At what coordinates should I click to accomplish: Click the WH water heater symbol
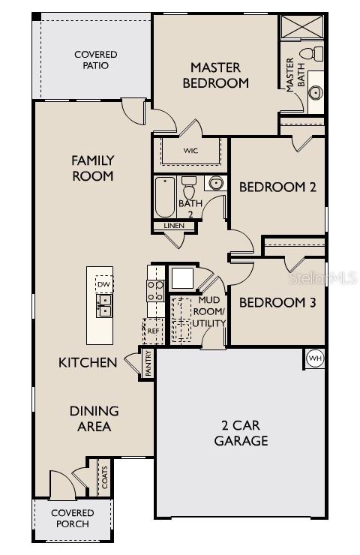pos(314,357)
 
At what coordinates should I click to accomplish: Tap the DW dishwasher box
pos(104,284)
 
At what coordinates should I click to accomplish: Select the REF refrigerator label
pos(153,330)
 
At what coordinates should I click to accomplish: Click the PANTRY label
pos(148,362)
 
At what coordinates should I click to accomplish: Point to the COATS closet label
pos(104,478)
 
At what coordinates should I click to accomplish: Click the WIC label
pos(190,150)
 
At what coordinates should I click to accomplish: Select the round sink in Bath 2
pos(215,182)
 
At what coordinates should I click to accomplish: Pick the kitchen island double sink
pos(104,304)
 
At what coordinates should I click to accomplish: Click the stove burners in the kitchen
pos(155,290)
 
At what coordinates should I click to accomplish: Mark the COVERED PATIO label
pos(96,60)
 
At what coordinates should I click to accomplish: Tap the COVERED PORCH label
pos(72,518)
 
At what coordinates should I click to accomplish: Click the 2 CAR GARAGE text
pos(241,433)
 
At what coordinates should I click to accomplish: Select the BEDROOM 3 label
pos(277,303)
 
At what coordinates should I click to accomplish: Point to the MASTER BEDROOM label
pos(219,76)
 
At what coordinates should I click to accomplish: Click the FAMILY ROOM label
pos(92,168)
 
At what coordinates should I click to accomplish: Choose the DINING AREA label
pos(94,418)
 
